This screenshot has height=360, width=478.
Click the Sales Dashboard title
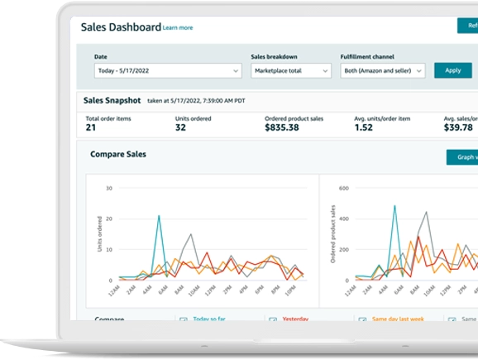click(x=120, y=26)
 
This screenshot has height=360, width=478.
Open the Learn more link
click(x=178, y=28)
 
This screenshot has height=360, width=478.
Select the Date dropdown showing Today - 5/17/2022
click(x=155, y=71)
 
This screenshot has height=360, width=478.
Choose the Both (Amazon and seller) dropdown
click(x=382, y=71)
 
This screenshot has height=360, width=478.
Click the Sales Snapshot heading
click(x=112, y=100)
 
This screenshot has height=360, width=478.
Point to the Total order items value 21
click(x=91, y=128)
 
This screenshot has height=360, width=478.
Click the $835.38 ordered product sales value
click(x=282, y=128)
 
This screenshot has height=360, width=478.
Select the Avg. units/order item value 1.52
click(x=363, y=128)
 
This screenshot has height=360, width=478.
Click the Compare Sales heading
click(x=120, y=154)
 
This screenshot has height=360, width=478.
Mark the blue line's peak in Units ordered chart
click(x=159, y=216)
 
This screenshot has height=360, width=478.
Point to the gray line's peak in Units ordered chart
click(x=192, y=235)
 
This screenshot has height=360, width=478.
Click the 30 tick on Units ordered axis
click(x=109, y=189)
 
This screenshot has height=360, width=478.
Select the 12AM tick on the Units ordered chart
click(x=113, y=290)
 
